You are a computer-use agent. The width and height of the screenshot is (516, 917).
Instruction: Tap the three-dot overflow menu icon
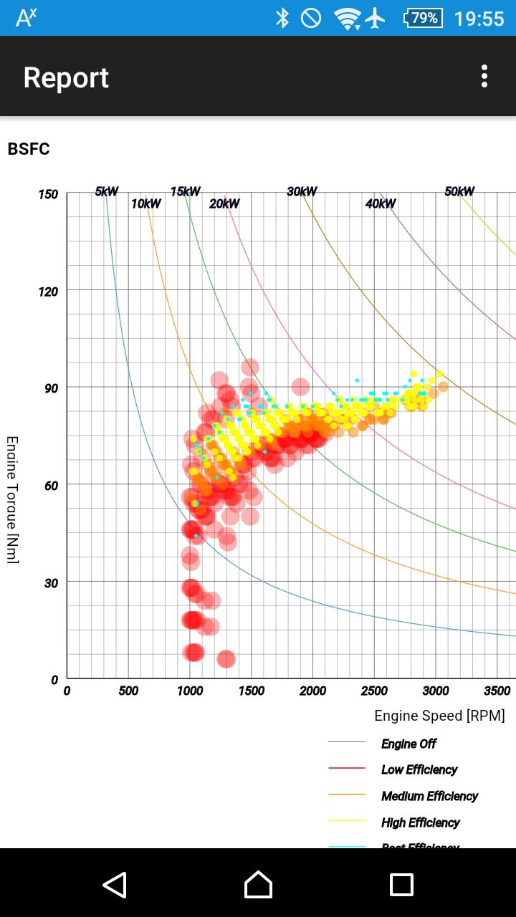pos(484,76)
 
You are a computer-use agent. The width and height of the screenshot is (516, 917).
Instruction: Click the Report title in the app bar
pos(66,77)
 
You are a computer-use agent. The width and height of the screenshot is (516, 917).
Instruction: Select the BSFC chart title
pos(29,149)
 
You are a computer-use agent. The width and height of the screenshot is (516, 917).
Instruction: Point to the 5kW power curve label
pos(107,191)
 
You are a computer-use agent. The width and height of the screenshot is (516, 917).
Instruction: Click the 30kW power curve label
pos(302,191)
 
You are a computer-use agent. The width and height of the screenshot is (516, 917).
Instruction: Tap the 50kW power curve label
pos(459,191)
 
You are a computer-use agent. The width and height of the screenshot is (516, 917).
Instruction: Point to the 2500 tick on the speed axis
pos(374,691)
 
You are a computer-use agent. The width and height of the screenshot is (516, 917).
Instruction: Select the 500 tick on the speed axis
pos(128,691)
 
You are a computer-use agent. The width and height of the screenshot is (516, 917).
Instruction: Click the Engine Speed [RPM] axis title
pos(439,716)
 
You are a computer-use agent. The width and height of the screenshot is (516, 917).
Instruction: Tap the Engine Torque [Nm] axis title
pos(12,500)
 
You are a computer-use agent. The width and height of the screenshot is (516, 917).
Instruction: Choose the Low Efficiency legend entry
pos(419,770)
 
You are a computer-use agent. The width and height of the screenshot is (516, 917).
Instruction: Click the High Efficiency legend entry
pos(420,823)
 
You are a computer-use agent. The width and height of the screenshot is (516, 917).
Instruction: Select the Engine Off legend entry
pos(408,744)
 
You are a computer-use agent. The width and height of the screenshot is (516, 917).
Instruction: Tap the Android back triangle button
pos(115,885)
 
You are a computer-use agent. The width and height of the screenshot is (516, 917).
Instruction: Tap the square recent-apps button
pos(401,885)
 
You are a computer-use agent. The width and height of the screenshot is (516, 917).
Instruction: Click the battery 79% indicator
pos(424,18)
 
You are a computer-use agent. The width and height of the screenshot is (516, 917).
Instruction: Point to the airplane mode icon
pos(375,18)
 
